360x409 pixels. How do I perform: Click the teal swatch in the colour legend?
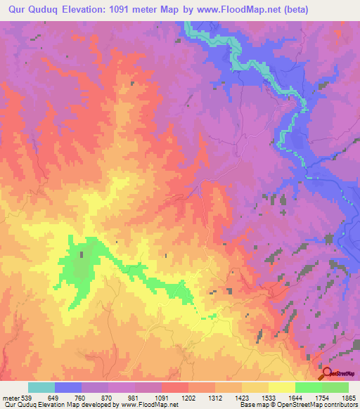click(41, 387)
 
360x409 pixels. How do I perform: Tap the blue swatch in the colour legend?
click(68, 387)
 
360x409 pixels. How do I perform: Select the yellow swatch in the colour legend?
click(281, 387)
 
